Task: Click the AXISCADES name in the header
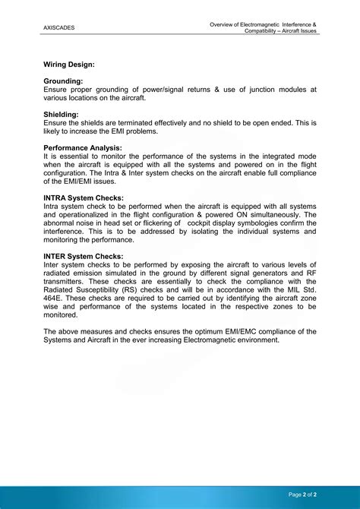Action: [x=59, y=28]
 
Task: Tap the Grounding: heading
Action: [x=63, y=81]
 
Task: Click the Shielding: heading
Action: [x=62, y=114]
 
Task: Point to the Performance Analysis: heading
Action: [x=83, y=147]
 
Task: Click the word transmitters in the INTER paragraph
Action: [x=68, y=281]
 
